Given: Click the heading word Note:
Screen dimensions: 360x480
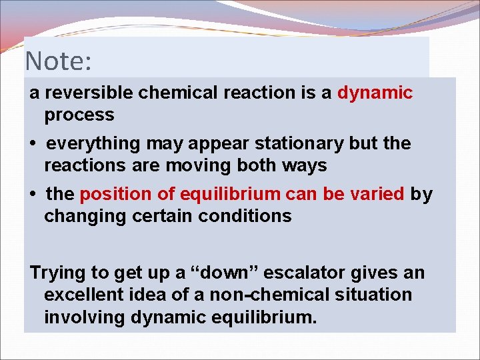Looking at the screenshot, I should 58,61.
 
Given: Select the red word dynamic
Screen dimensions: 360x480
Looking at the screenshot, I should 375,93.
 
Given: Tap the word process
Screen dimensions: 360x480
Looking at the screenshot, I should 79,115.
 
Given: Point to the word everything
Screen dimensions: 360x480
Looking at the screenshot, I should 94,143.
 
